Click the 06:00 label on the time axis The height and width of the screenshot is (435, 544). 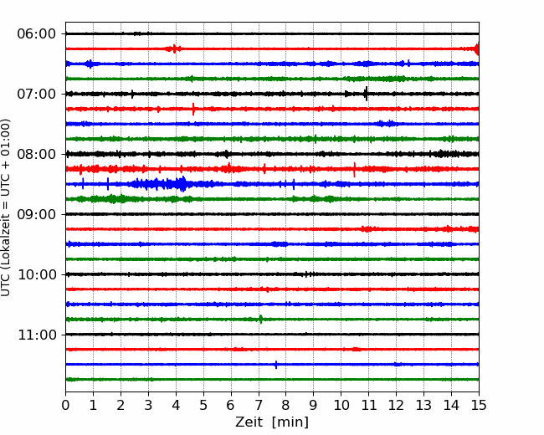point(37,34)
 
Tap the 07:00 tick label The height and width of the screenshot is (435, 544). point(37,94)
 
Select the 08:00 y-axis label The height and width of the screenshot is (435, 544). point(37,154)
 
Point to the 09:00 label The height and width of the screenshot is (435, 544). point(37,214)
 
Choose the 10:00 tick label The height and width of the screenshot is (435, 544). point(37,274)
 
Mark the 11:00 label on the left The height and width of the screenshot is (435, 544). point(37,335)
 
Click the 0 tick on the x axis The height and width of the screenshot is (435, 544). point(65,405)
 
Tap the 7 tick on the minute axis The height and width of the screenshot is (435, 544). point(259,405)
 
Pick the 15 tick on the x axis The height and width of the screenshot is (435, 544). point(479,405)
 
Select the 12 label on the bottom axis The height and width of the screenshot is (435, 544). point(396,405)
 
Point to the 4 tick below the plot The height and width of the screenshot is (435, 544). point(176,405)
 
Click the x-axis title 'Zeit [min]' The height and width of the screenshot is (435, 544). point(272,422)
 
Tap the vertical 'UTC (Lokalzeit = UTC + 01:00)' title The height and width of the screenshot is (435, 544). point(6,207)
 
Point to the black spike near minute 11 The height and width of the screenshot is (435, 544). point(366,94)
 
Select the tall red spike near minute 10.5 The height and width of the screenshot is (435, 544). point(354,170)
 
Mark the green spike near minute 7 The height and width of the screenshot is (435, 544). point(261,319)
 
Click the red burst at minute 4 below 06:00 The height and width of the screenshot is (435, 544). point(174,49)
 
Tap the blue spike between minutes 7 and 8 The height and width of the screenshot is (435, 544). point(276,365)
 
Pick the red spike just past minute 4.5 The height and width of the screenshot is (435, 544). point(193,109)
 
